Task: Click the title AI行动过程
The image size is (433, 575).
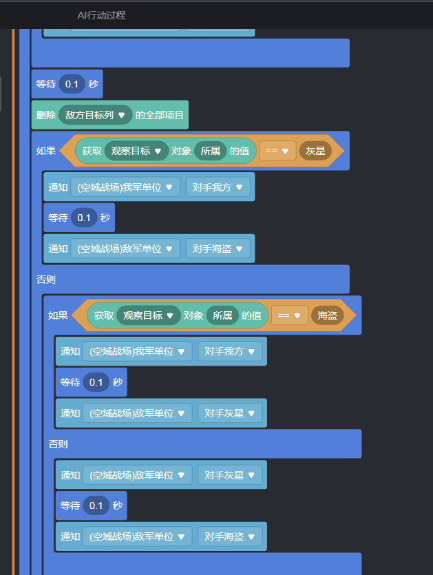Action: [101, 15]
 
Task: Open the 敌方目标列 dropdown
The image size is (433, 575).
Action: [96, 115]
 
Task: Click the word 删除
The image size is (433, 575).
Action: [45, 115]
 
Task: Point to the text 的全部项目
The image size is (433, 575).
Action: [159, 115]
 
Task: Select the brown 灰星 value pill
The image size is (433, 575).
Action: [315, 151]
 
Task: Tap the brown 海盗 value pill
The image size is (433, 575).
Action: [327, 315]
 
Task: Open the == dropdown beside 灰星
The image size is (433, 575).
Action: [277, 151]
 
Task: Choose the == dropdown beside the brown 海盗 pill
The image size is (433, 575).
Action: [289, 315]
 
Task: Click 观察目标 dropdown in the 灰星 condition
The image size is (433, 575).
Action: [136, 151]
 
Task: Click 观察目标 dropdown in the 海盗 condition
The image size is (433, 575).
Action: [149, 315]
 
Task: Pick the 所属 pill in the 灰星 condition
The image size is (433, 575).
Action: [211, 151]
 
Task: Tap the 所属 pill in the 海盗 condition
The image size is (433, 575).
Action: [222, 315]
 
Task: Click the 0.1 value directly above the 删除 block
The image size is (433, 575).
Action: [72, 84]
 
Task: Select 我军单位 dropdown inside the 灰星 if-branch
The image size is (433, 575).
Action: [125, 187]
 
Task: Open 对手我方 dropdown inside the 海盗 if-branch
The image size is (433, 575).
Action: [230, 351]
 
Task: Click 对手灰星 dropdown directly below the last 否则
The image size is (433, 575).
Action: [230, 474]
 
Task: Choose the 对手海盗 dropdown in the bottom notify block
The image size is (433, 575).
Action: [230, 536]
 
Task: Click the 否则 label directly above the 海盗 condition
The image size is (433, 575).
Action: [46, 280]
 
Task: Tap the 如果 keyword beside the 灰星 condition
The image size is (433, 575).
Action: [46, 151]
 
